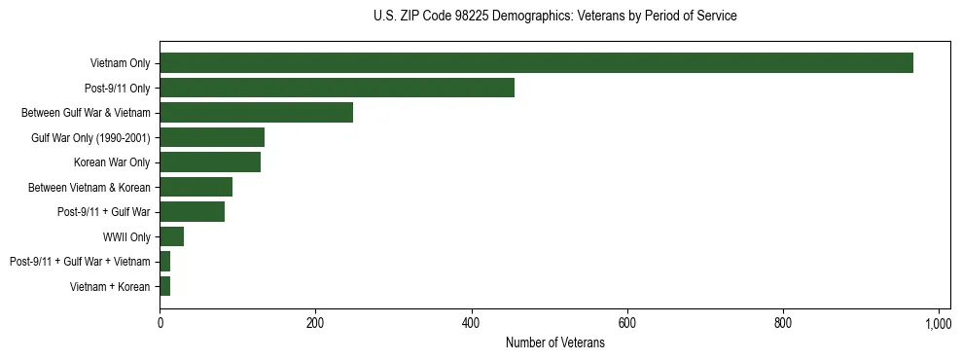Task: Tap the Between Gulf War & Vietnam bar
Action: tap(256, 113)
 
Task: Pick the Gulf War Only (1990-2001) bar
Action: tap(212, 137)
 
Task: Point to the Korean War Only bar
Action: tap(210, 162)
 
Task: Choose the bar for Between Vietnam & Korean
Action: tap(196, 187)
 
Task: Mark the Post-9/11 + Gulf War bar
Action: tap(192, 212)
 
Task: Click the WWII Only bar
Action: tap(171, 236)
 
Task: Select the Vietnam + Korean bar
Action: tap(164, 286)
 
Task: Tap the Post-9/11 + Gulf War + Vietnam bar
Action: tap(164, 262)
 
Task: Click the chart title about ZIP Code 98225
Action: tap(554, 17)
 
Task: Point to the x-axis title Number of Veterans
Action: tap(554, 343)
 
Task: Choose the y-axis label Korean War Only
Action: tap(112, 162)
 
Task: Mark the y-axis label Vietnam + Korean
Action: tap(110, 286)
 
